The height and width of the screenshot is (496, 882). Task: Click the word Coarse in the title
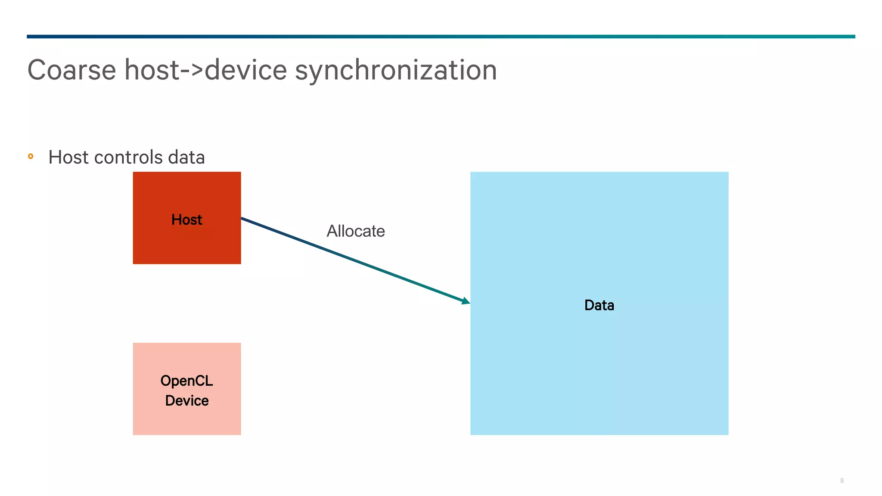click(x=71, y=70)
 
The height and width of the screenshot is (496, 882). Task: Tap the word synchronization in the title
click(x=395, y=70)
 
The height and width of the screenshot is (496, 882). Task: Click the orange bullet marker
click(x=31, y=156)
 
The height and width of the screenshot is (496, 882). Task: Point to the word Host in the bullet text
click(x=68, y=157)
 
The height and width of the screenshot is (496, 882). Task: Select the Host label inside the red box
click(x=186, y=220)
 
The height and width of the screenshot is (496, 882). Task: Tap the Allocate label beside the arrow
click(x=355, y=231)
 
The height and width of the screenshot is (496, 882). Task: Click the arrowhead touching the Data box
click(x=466, y=301)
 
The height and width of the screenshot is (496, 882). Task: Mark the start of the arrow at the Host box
click(x=243, y=219)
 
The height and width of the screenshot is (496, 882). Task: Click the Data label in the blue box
click(x=599, y=305)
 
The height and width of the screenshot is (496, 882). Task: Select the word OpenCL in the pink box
click(x=186, y=381)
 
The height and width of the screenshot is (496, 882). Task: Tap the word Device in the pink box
click(x=186, y=400)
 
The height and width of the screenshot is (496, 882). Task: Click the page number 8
click(x=842, y=480)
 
